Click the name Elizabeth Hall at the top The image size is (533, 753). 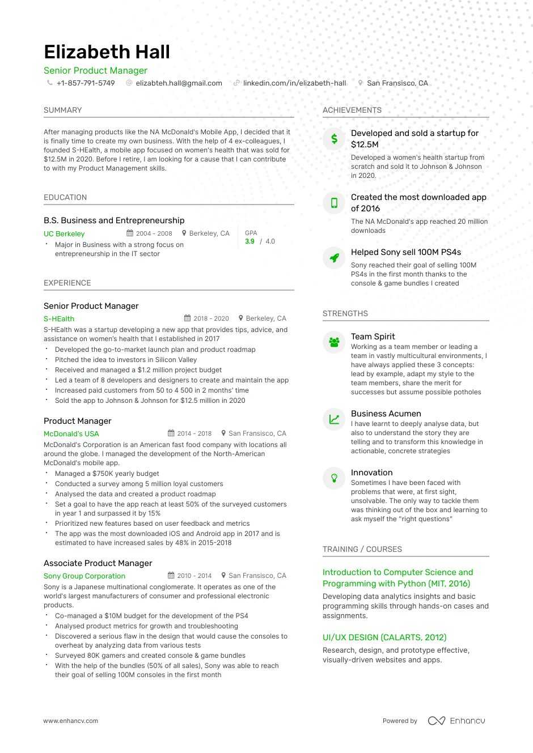[107, 52]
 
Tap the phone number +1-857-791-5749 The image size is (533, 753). [85, 83]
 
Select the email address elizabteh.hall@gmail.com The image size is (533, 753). [179, 83]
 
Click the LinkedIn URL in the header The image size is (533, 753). [294, 83]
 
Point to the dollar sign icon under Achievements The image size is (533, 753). [334, 139]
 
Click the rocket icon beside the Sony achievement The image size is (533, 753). [334, 258]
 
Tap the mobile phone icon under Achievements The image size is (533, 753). [334, 203]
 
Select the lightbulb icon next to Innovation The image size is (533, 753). [334, 478]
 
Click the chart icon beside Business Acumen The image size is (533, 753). [334, 419]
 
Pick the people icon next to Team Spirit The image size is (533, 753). [334, 342]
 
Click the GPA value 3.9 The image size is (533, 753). [249, 241]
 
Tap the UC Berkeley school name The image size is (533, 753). [64, 234]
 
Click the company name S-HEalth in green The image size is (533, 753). [59, 319]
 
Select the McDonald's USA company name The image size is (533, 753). [71, 434]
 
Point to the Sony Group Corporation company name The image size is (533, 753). [84, 576]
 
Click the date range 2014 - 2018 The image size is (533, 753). [194, 433]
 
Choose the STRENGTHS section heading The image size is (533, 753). [345, 314]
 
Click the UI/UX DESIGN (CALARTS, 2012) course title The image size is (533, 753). [384, 637]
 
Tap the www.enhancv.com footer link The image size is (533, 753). [71, 721]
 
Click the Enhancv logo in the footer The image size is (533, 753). [456, 721]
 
